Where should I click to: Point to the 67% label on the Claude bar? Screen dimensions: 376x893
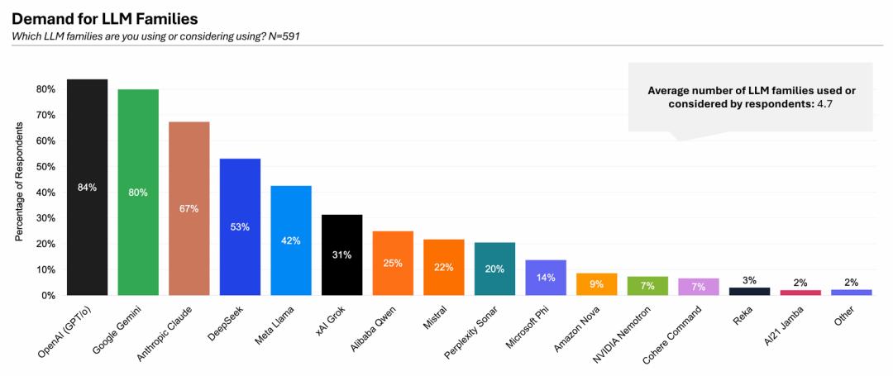(189, 208)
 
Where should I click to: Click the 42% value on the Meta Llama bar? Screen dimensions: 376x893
(291, 240)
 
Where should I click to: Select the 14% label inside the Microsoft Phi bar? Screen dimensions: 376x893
(546, 278)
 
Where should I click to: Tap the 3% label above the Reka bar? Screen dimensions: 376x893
(749, 280)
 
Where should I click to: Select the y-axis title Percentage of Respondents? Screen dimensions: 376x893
(18, 191)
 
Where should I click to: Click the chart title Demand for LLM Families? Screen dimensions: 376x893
(104, 17)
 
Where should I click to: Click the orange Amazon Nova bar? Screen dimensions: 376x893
(597, 284)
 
